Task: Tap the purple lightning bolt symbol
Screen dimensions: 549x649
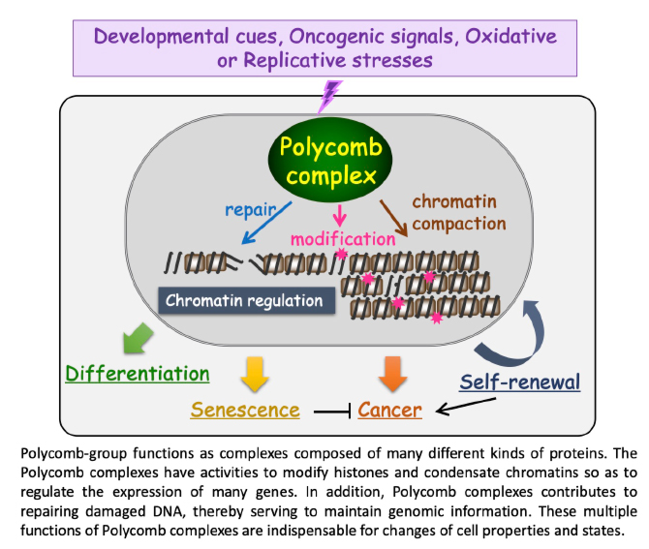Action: [x=330, y=95]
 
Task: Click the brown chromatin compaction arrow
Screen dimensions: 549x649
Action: [x=393, y=214]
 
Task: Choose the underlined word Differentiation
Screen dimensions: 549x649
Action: [x=138, y=373]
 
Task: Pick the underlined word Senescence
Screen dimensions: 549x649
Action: [x=245, y=410]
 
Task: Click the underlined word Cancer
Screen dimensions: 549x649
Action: [x=390, y=410]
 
